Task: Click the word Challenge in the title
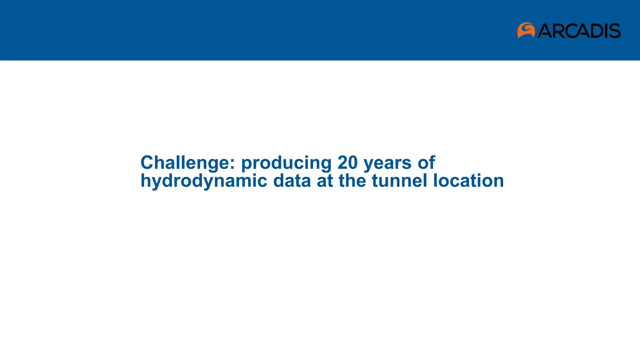pos(185,163)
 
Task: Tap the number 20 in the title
pos(347,162)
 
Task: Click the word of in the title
pos(426,162)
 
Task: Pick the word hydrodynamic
pos(204,181)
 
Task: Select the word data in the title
pos(292,181)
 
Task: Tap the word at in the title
pos(325,181)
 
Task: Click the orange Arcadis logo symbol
pos(526,30)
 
